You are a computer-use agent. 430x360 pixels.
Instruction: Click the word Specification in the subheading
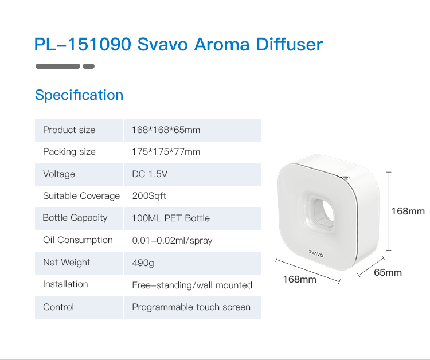point(79,95)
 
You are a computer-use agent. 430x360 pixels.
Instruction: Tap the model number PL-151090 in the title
point(83,44)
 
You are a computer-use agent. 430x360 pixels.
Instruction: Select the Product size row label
point(69,130)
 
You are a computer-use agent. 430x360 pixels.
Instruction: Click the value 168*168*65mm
point(166,130)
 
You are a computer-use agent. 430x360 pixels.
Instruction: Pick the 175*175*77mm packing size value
point(166,151)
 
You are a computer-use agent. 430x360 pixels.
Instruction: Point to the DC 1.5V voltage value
point(150,174)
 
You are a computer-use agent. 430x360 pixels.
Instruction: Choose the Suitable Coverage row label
point(81,196)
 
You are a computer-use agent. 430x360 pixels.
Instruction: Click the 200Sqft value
point(149,196)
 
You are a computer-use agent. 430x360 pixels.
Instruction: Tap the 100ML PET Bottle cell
point(171,218)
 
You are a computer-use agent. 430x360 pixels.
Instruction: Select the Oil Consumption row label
point(78,240)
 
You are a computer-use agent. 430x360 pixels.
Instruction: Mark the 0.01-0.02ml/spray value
point(172,240)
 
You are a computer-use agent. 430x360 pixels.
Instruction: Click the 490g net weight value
point(143,263)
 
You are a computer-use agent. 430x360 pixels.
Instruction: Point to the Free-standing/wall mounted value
point(192,285)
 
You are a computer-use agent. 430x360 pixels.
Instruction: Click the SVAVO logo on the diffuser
point(316,253)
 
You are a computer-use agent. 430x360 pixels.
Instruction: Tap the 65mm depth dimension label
point(388,272)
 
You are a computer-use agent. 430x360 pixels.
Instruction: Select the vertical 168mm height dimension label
point(408,211)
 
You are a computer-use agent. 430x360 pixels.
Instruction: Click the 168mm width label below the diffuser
point(299,279)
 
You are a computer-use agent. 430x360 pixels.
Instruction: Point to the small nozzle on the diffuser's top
point(345,177)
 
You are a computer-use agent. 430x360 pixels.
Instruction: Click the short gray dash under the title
point(88,66)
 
